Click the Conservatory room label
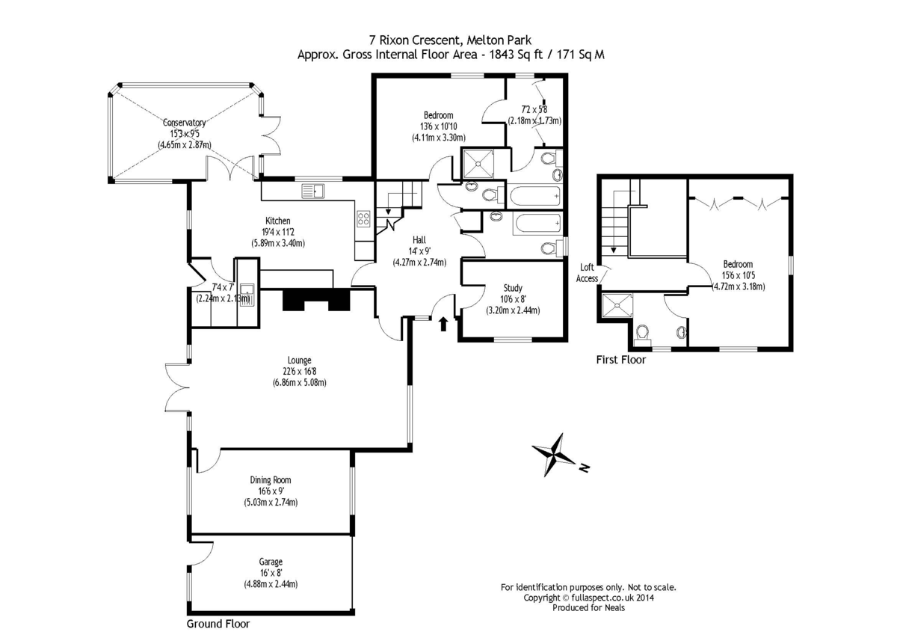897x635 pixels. (x=184, y=123)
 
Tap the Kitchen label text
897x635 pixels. (x=276, y=221)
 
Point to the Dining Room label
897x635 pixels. (x=271, y=480)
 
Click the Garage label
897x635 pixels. (x=271, y=562)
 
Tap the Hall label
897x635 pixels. (x=419, y=239)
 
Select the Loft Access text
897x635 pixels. (x=587, y=273)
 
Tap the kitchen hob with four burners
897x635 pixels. (x=363, y=218)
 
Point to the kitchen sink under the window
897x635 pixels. (x=313, y=192)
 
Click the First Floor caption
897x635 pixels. (x=620, y=360)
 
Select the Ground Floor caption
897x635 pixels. (x=218, y=624)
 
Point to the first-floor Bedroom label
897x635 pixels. (x=737, y=264)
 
